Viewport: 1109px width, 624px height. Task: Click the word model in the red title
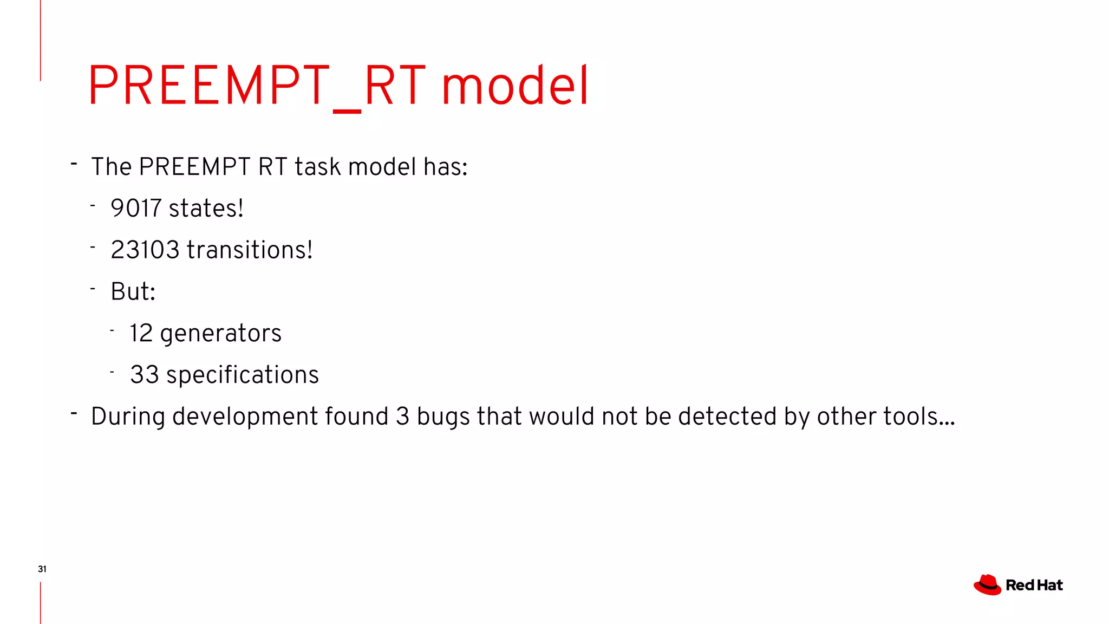click(514, 86)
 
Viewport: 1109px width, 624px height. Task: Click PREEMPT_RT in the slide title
click(257, 86)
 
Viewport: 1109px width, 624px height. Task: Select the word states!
click(206, 209)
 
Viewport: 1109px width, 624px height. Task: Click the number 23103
click(145, 250)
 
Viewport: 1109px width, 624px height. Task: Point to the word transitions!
click(250, 250)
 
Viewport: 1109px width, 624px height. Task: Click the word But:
click(133, 292)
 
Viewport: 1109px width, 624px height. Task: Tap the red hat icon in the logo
click(987, 585)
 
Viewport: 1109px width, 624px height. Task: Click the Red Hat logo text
click(1034, 586)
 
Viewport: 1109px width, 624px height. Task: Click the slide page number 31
click(42, 569)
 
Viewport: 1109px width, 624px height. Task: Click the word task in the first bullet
click(318, 167)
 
